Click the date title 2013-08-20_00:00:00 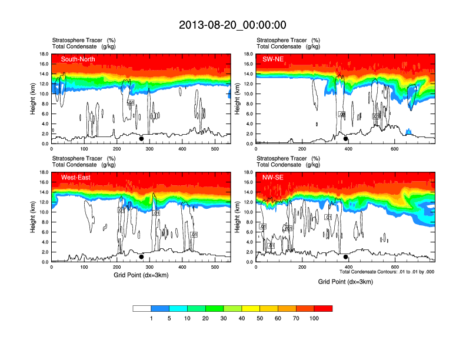232,25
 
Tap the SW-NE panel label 273,59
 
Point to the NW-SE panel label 273,177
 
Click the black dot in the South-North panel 141,139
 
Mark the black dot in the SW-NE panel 346,139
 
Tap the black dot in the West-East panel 141,256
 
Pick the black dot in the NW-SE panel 346,256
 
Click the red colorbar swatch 324,308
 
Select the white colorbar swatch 142,308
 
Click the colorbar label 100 315,318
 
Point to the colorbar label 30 224,318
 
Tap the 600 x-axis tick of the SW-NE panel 393,149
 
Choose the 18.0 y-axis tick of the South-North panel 44,54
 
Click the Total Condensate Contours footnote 387,272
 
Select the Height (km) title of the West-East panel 34,217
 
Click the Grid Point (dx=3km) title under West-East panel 141,275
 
